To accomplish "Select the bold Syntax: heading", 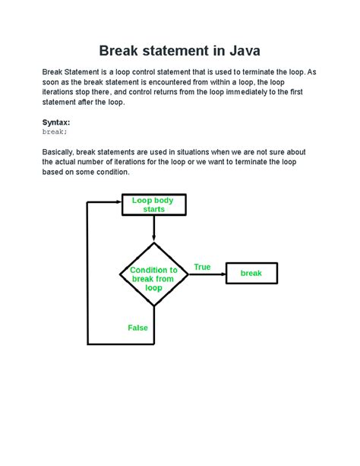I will [x=57, y=122].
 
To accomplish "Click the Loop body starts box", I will [x=153, y=205].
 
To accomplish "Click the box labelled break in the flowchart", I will [x=251, y=273].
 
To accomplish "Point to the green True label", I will [x=202, y=267].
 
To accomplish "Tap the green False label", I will [x=138, y=328].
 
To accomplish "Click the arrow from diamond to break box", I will [x=206, y=274].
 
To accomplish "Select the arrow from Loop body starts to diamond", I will [x=153, y=229].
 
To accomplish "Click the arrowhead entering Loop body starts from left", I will [x=117, y=202].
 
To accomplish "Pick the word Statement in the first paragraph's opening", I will [x=84, y=72].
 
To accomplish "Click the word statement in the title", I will [x=182, y=51].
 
